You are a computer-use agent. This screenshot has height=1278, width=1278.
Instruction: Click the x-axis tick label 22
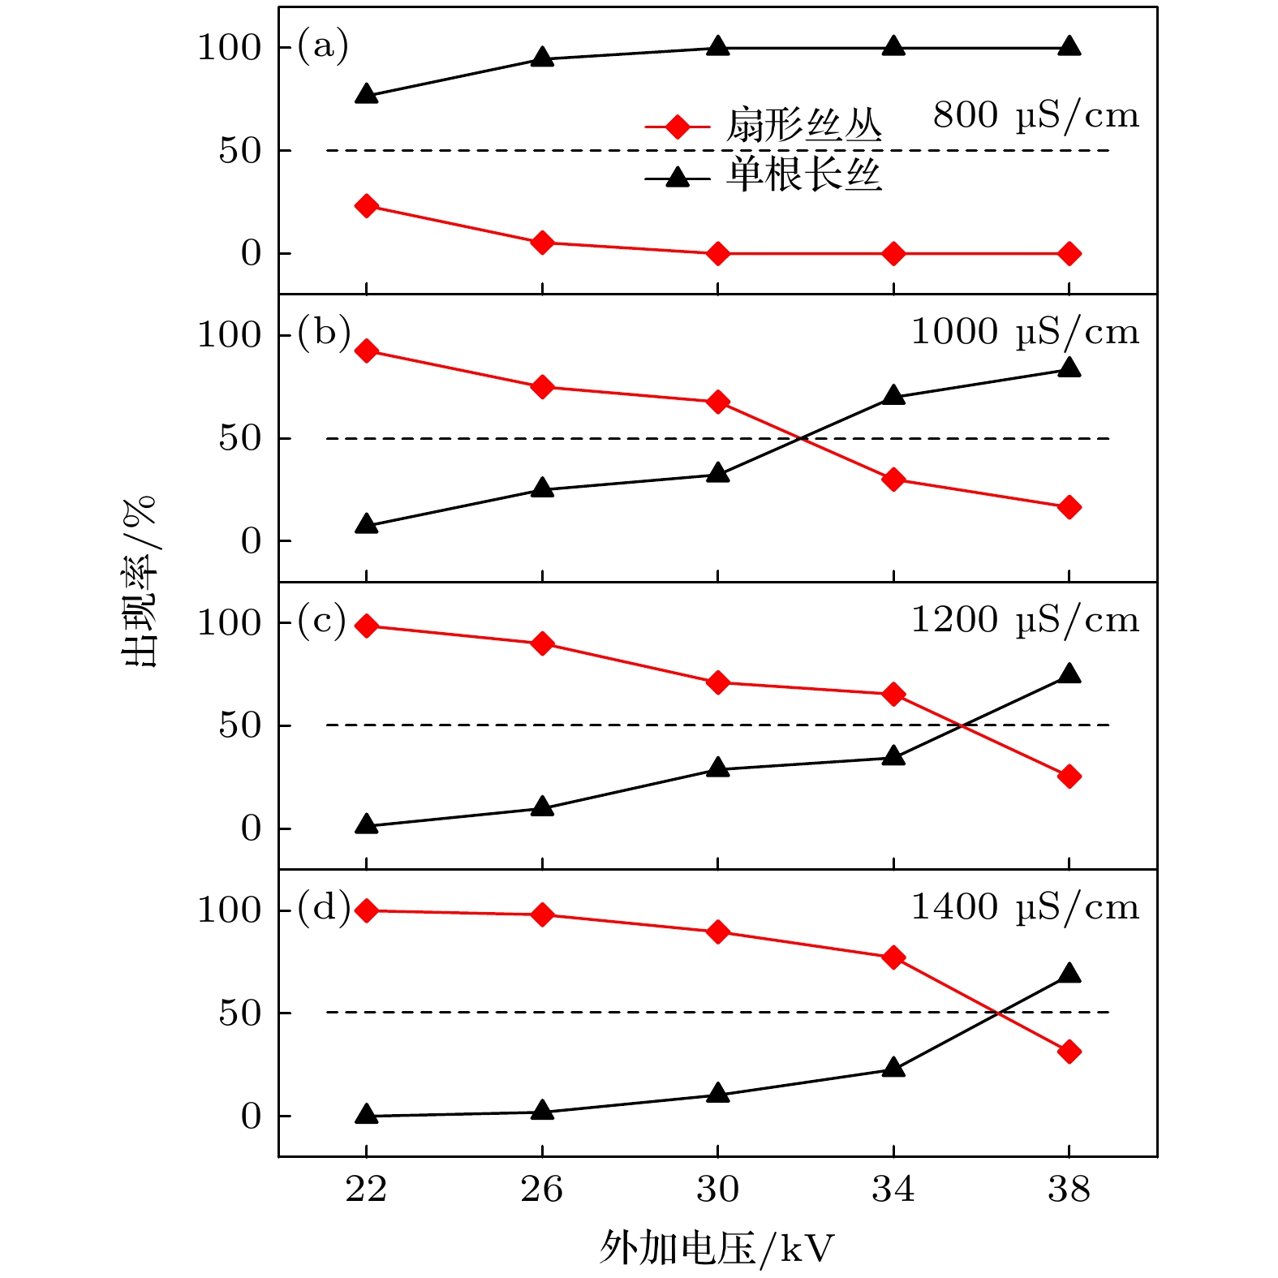[x=365, y=1190]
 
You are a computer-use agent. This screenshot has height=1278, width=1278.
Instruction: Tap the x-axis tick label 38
[x=1069, y=1190]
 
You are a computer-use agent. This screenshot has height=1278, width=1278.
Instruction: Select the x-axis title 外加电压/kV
[x=716, y=1247]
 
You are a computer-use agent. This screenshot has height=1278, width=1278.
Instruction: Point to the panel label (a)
[x=322, y=45]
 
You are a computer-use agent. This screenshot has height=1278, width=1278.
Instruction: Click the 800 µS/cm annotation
[x=1035, y=116]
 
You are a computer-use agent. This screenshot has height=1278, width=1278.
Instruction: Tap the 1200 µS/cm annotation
[x=1025, y=621]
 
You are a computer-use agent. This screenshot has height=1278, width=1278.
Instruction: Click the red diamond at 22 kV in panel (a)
[x=366, y=206]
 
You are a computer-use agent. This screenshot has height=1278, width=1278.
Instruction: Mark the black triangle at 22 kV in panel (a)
[x=366, y=94]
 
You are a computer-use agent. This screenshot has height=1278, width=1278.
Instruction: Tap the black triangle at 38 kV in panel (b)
[x=1069, y=368]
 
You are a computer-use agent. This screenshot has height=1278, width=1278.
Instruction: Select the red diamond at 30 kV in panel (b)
[x=717, y=402]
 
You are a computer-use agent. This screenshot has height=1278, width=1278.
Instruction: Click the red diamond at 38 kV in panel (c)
[x=1069, y=777]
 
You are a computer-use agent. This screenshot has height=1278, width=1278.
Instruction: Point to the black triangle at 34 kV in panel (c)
[x=893, y=756]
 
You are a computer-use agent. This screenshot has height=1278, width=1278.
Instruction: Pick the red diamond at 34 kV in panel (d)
[x=893, y=957]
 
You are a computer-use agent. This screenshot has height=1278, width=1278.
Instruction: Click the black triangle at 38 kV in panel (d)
[x=1069, y=973]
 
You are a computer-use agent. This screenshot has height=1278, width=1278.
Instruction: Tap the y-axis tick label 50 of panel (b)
[x=239, y=438]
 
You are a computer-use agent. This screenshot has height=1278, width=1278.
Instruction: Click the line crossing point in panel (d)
[x=996, y=1012]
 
